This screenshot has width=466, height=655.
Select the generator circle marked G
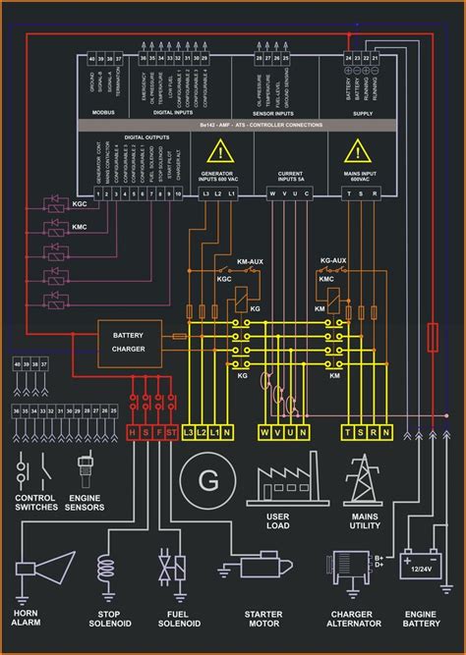(x=208, y=480)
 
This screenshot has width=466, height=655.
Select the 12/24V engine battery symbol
(x=420, y=566)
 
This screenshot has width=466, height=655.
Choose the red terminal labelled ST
(x=172, y=432)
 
